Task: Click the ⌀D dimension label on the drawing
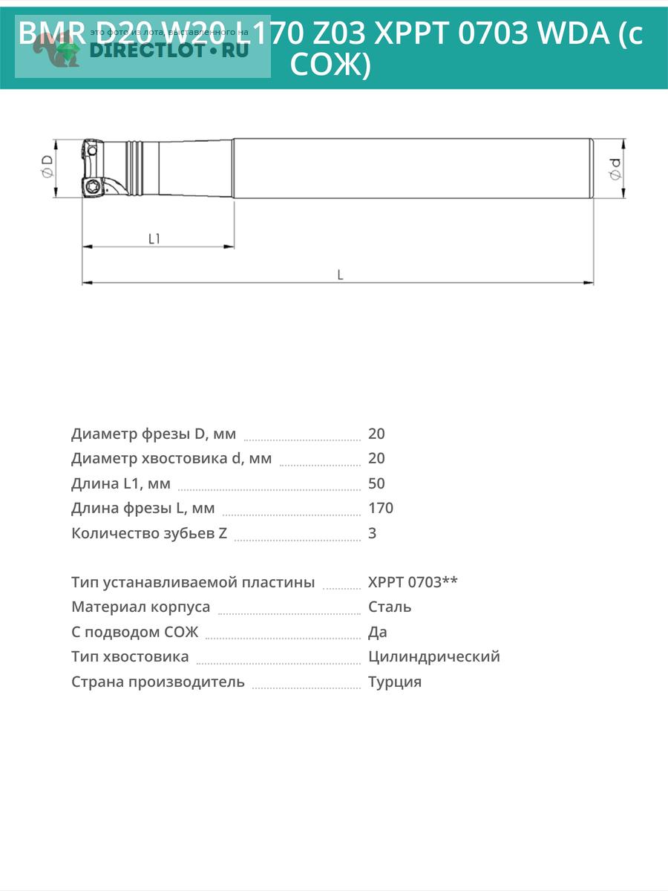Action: (47, 168)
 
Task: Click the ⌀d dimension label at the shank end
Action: (615, 169)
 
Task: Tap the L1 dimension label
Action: (154, 239)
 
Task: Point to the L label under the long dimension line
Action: (340, 275)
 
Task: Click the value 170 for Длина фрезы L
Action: (381, 509)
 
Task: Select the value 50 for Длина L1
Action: (376, 483)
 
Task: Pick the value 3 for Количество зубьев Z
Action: (373, 533)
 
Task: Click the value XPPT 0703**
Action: (413, 582)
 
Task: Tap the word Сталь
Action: (390, 607)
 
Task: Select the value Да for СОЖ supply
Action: (378, 633)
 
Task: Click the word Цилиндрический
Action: (434, 657)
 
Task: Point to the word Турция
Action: (395, 682)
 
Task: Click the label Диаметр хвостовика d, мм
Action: (171, 459)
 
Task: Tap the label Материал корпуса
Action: (141, 607)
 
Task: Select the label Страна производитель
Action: (158, 682)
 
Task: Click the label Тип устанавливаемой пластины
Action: (193, 582)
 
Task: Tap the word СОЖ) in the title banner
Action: (330, 66)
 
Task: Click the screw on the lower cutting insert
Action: (93, 186)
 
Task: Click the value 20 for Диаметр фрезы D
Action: (376, 434)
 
